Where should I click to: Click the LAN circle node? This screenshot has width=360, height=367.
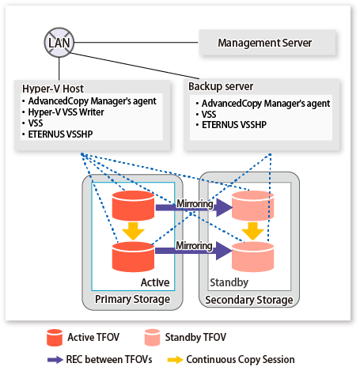[59, 43]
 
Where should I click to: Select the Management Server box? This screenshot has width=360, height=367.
[267, 43]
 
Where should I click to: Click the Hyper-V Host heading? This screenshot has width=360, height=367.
[53, 89]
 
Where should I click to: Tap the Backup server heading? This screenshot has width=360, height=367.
[221, 86]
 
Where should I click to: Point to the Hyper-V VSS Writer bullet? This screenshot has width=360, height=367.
[66, 112]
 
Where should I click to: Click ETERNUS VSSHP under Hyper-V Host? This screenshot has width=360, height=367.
[60, 134]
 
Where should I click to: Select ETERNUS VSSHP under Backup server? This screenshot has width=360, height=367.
[234, 125]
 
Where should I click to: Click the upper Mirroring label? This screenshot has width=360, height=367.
[195, 203]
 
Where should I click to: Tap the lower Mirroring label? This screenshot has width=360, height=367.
[194, 245]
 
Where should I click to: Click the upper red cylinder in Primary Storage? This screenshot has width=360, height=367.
[133, 206]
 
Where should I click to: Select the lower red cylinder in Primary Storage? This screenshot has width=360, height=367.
[133, 257]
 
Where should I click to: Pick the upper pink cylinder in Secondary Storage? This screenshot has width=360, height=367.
[252, 206]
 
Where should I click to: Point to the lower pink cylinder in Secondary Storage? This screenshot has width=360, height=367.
[252, 257]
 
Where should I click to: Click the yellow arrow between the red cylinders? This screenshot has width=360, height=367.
[133, 231]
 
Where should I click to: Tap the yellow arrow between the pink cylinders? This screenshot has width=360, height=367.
[252, 231]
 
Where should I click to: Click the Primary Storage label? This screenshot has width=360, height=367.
[132, 299]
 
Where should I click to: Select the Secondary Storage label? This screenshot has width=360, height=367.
[249, 300]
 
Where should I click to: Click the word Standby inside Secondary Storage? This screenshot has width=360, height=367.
[229, 282]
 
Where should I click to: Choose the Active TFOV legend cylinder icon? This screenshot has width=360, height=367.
[55, 338]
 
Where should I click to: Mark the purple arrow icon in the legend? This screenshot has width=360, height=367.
[55, 360]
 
